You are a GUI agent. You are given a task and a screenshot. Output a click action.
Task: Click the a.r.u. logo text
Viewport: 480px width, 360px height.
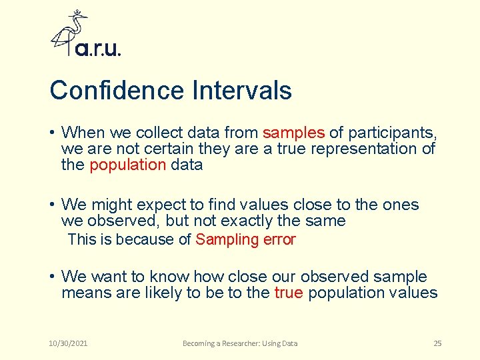click(x=98, y=49)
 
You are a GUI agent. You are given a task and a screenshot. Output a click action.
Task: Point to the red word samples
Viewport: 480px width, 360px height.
click(x=293, y=132)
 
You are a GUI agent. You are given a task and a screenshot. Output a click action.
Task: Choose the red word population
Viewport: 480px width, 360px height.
click(x=127, y=165)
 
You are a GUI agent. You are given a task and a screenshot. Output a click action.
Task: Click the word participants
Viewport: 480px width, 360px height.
click(x=390, y=132)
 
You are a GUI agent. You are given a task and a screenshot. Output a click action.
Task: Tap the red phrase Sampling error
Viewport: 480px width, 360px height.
click(x=245, y=239)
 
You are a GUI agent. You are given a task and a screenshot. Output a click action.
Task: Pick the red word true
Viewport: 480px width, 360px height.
click(x=289, y=293)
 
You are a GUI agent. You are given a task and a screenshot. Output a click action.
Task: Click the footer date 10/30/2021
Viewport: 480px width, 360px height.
click(x=69, y=343)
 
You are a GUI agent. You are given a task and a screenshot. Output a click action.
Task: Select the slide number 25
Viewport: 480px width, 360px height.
click(x=437, y=343)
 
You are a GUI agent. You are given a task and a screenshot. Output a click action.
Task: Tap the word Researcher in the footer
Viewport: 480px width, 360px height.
click(x=241, y=343)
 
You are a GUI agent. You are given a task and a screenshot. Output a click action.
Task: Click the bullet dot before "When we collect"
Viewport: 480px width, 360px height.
click(x=51, y=133)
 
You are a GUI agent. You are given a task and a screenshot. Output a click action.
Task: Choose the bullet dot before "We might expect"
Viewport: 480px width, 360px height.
click(x=51, y=205)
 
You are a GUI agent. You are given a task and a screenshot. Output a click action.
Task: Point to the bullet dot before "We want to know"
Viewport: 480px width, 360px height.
click(x=51, y=277)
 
